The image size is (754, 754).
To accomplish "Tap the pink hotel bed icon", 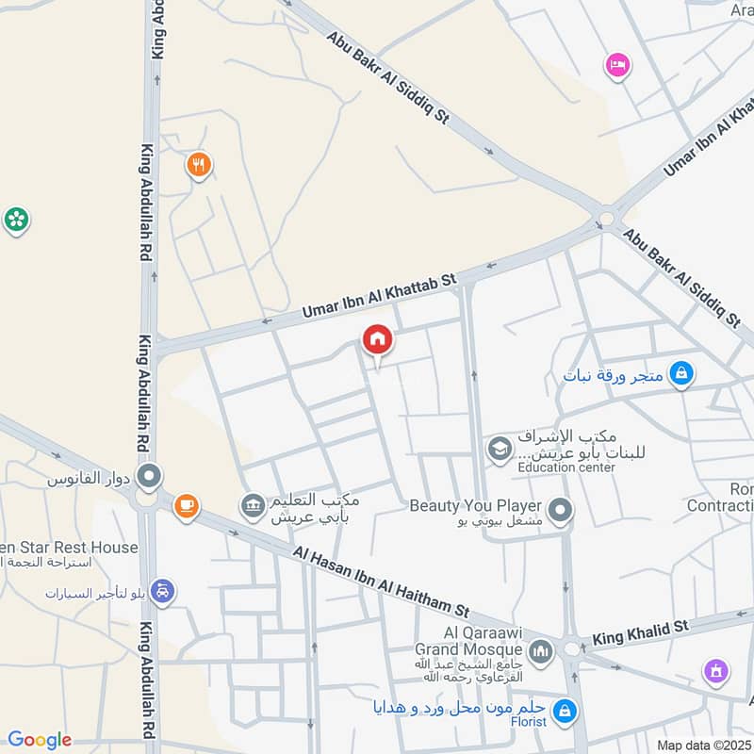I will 617,65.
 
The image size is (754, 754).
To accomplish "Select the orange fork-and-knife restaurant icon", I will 198,165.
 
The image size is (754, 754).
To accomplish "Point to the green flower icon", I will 16,220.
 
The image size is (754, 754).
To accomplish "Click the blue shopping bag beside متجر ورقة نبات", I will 680,375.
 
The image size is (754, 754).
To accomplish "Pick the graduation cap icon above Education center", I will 497,450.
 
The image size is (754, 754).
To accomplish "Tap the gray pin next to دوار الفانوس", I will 148,477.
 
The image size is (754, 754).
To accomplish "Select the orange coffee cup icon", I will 187,506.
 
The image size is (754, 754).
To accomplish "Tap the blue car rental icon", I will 162,591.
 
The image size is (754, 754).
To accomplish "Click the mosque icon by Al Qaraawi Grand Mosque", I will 540,649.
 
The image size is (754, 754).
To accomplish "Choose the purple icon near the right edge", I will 716,672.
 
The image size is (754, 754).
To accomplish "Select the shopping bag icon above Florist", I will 564,709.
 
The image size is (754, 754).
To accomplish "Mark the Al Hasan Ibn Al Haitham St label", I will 381,582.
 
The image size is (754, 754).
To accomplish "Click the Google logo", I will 40,740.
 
